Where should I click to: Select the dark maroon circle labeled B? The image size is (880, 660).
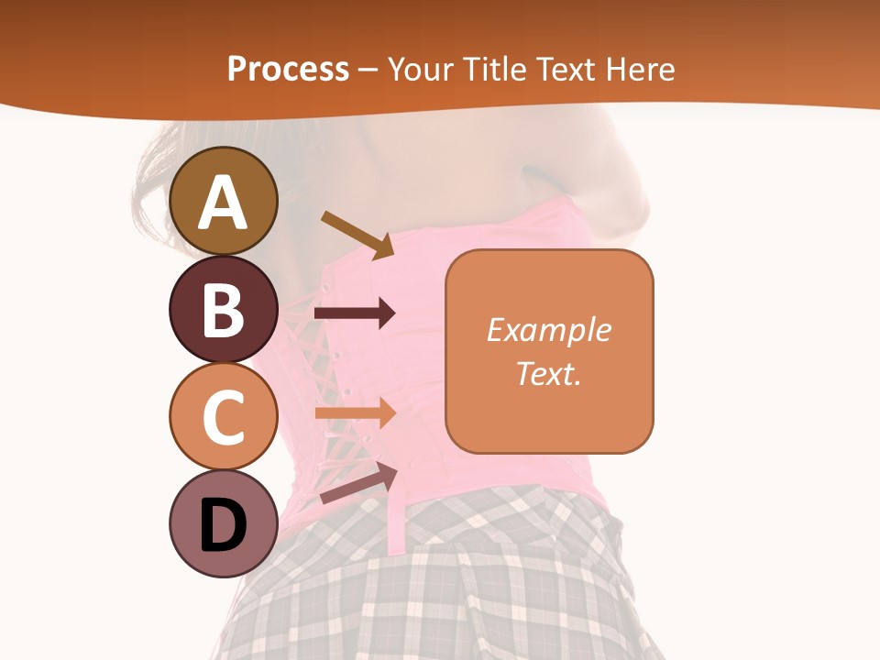click(223, 309)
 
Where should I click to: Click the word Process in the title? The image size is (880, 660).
click(288, 70)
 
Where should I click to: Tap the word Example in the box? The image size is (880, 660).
click(548, 330)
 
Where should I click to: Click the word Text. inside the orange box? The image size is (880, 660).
click(548, 373)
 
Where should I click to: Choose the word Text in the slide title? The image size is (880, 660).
click(567, 70)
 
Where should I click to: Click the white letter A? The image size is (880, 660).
click(223, 203)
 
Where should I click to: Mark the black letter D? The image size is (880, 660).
click(223, 526)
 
